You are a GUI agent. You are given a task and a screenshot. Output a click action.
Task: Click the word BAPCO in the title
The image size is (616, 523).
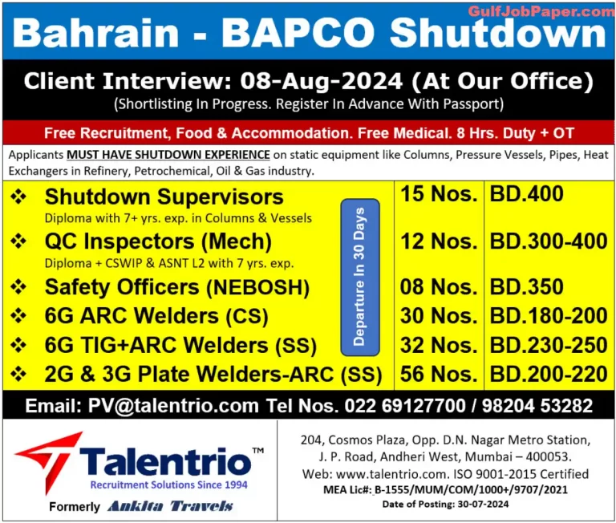(302, 34)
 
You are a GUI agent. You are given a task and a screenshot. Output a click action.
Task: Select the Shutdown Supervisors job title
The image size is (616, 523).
(164, 197)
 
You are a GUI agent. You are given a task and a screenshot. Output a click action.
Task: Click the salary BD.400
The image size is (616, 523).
(526, 194)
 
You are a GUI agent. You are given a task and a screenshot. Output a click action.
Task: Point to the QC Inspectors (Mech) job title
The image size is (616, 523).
(158, 241)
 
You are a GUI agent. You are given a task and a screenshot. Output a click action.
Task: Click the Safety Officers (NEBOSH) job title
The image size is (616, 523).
(176, 287)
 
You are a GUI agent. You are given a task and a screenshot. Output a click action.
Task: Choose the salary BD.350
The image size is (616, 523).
(526, 286)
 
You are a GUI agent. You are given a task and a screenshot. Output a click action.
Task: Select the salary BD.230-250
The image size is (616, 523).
(548, 345)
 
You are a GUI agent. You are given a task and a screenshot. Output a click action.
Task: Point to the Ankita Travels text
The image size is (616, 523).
(169, 506)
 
